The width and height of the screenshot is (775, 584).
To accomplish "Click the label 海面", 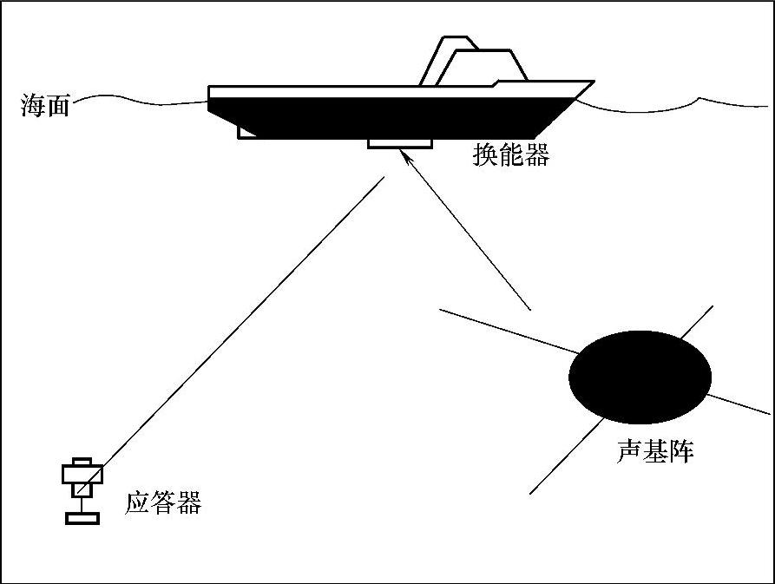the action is click(45, 107).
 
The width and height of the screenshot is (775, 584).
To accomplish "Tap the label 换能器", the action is click(511, 154).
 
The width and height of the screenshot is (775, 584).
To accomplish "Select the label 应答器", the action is click(163, 502).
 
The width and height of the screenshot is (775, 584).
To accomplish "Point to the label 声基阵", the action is click(655, 450).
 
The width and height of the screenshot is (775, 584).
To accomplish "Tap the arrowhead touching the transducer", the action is click(404, 155).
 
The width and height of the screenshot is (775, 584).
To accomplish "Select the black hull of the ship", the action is click(391, 117).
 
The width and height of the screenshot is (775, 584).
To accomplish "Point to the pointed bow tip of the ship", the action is click(592, 83).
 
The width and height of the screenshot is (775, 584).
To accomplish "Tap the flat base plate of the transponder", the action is click(82, 518).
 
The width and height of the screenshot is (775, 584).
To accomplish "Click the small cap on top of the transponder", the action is click(82, 461).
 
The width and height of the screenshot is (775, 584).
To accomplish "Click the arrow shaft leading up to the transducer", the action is click(469, 234).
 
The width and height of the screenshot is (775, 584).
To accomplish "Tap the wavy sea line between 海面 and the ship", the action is click(139, 98).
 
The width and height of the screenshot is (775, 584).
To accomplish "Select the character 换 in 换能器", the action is click(485, 154).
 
